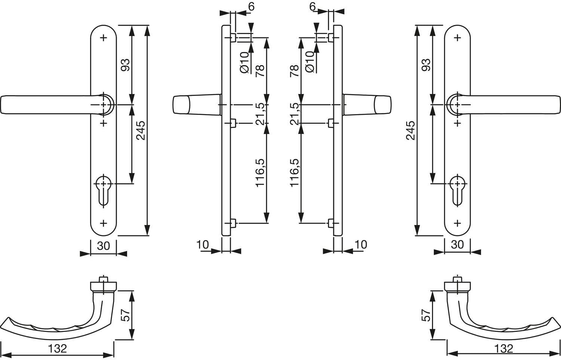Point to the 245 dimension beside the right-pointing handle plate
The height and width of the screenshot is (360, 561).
pos(411,130)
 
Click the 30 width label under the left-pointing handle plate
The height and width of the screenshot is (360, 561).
pos(103,246)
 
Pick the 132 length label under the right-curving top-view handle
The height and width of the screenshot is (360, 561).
pos(504,349)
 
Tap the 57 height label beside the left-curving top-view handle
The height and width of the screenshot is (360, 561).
pos(125,315)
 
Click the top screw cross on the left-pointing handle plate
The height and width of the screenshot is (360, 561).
pos(104,38)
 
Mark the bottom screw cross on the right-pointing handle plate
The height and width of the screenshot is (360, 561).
pos(457,223)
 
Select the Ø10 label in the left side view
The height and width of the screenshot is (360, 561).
pos(245,62)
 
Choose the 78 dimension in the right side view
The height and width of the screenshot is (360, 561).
pos(295,71)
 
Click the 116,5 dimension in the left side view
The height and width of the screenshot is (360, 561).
pos(260,173)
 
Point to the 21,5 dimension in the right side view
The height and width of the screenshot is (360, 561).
pos(295,114)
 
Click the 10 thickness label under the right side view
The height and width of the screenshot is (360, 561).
pos(361,244)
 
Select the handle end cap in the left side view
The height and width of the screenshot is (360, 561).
pos(181,104)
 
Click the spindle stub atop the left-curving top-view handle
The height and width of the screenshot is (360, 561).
pos(103,279)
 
